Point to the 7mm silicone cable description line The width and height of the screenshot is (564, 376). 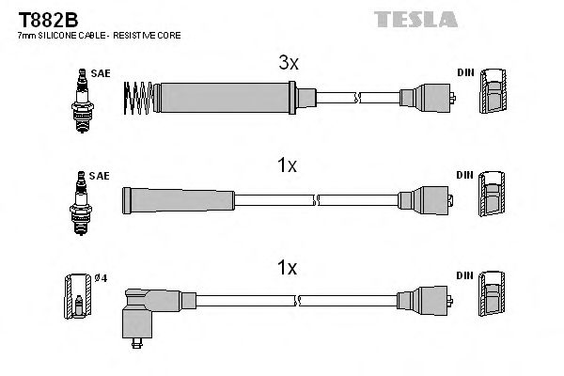point(99,35)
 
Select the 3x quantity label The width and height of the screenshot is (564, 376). point(288,64)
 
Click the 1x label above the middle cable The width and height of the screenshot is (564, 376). point(288,165)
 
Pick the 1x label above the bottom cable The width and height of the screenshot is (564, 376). point(288,268)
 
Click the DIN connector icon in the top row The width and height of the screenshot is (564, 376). point(491,96)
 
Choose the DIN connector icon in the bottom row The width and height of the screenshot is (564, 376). point(491,297)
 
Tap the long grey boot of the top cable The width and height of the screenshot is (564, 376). point(226,96)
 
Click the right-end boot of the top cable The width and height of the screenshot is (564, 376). point(428,96)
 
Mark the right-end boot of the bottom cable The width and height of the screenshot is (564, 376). point(428,300)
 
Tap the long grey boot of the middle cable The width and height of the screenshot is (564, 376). point(179,198)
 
